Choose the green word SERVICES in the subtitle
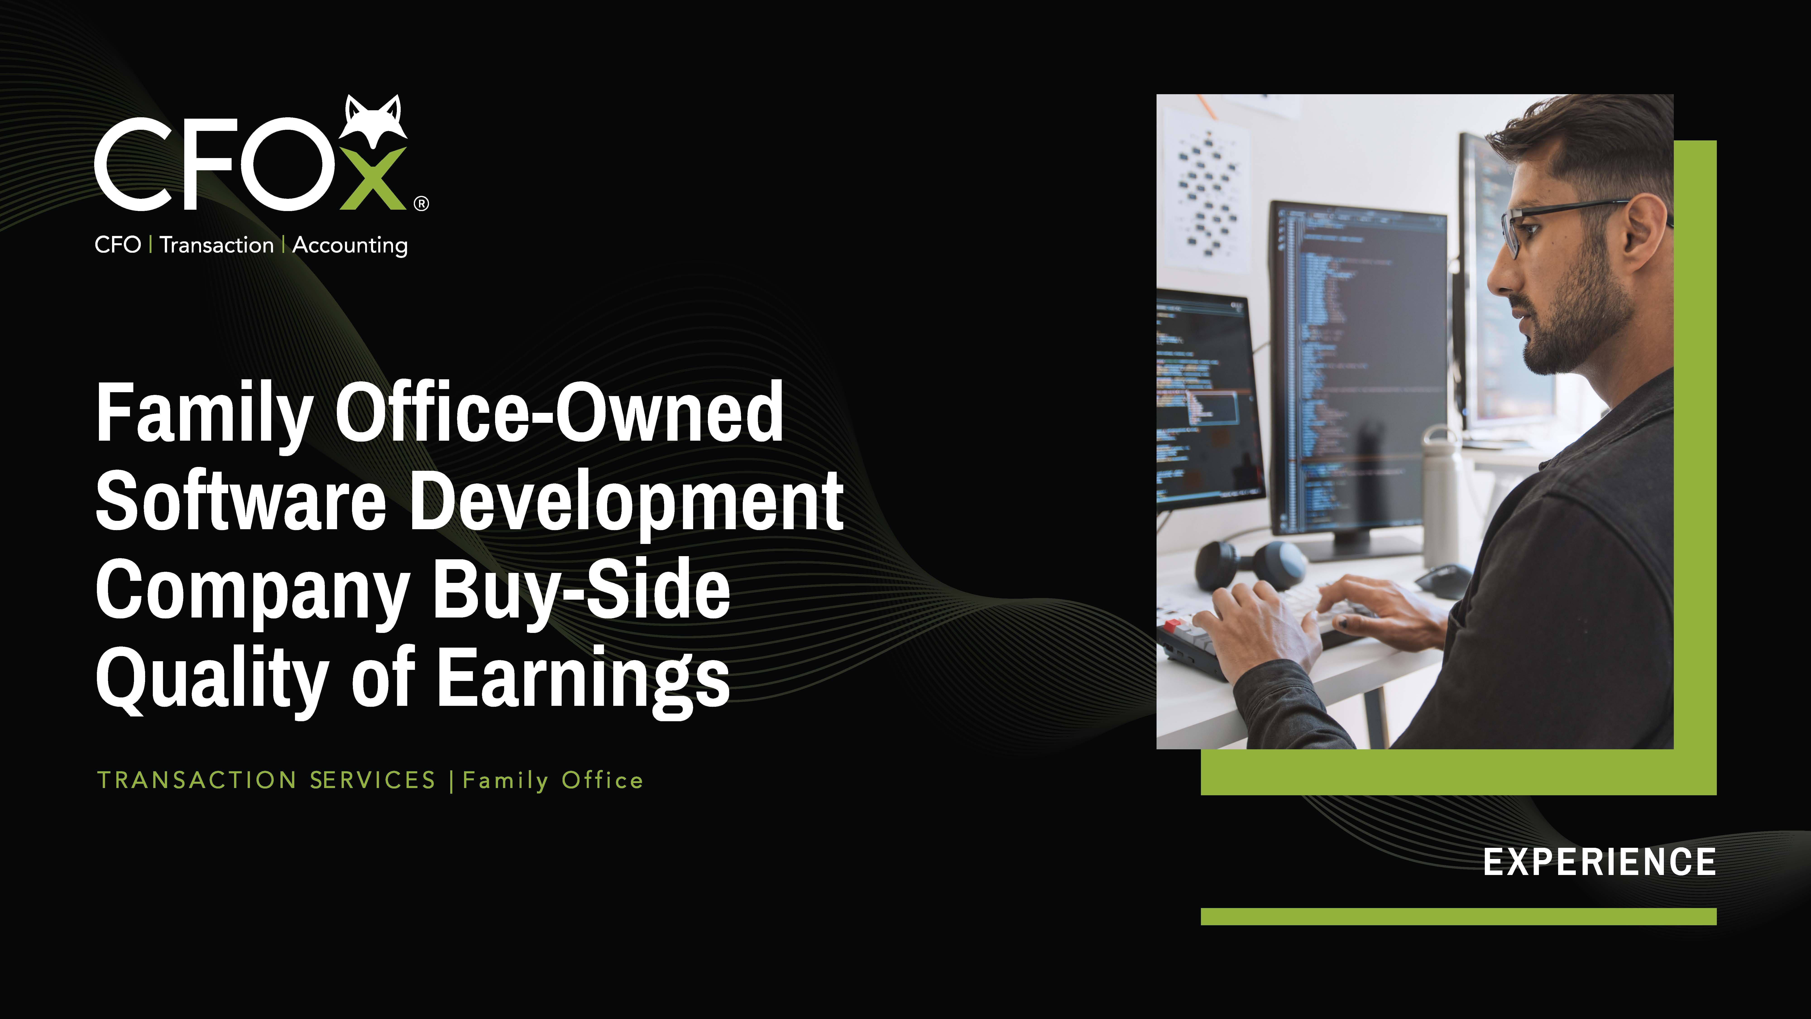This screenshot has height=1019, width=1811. (373, 780)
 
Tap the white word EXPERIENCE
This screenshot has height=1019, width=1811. (1599, 862)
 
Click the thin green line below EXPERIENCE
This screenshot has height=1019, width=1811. (1459, 916)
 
